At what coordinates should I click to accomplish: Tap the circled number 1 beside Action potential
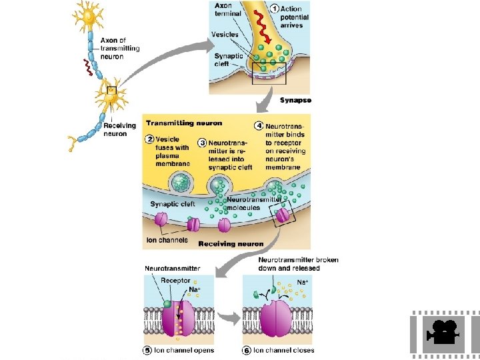click(275, 9)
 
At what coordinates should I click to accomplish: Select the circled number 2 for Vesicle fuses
click(150, 139)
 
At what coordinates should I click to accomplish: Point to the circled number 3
click(202, 143)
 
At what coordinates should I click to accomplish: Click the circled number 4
click(259, 125)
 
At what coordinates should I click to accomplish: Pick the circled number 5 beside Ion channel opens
click(147, 350)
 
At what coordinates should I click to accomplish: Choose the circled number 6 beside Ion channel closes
click(247, 350)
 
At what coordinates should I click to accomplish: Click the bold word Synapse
click(297, 101)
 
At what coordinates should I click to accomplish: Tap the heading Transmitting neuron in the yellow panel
click(184, 123)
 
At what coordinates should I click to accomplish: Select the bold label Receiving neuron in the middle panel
click(231, 244)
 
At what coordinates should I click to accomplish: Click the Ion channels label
click(167, 240)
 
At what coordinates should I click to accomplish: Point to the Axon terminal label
click(228, 10)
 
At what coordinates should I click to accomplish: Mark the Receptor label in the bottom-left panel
click(175, 281)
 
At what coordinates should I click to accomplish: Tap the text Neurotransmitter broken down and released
click(297, 264)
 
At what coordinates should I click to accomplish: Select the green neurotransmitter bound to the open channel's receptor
click(167, 304)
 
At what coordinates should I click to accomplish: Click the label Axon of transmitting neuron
click(120, 49)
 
